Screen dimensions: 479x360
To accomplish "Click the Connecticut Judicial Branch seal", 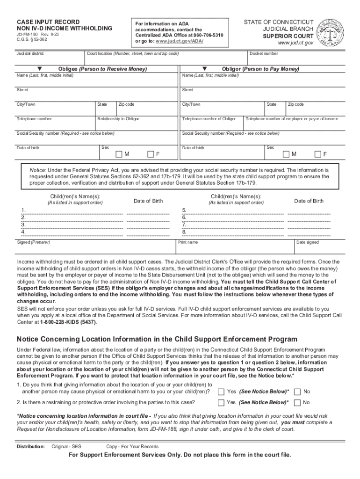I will pyautogui.click(x=330, y=33).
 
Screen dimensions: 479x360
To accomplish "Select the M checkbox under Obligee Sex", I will pyautogui.click(x=119, y=154).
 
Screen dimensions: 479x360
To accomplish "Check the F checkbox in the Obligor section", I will pyautogui.click(x=318, y=154).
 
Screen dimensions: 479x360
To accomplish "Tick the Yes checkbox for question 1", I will pyautogui.click(x=221, y=391).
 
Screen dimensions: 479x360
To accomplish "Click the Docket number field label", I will pyautogui.click(x=264, y=54).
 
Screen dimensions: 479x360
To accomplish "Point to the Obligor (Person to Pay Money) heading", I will pyautogui.click(x=260, y=69).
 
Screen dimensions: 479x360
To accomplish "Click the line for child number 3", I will pyautogui.click(x=72, y=225).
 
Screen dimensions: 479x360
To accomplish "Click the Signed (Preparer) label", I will pyautogui.click(x=33, y=242).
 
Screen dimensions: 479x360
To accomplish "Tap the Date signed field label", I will pyautogui.click(x=308, y=242).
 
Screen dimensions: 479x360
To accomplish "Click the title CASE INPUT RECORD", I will pyautogui.click(x=48, y=22).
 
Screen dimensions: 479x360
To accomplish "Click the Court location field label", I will pyautogui.click(x=133, y=54).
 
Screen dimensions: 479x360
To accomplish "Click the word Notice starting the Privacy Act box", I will pyautogui.click(x=38, y=170).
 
